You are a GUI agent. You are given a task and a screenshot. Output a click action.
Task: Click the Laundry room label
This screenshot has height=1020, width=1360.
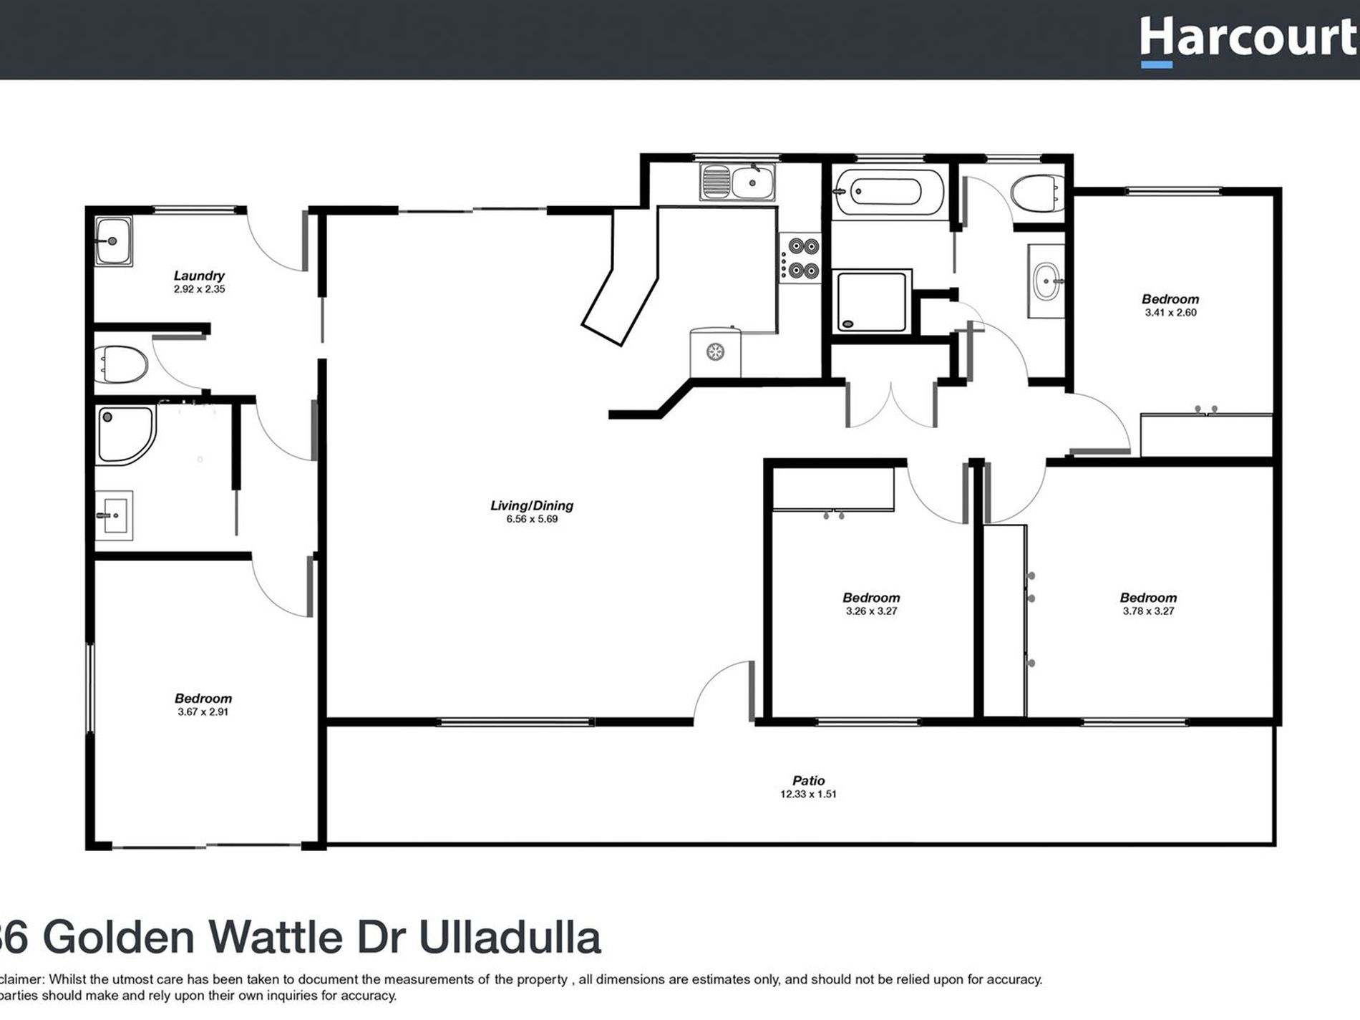pos(199,276)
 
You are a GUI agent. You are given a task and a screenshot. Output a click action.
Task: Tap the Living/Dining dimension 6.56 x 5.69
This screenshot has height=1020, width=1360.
pos(532,519)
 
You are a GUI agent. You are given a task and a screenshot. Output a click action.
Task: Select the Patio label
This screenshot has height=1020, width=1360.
pos(808,781)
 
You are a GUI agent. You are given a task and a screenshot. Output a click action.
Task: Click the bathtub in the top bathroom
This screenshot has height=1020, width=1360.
pos(888,192)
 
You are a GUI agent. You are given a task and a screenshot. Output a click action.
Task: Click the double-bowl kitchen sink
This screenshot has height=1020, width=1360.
pos(737,182)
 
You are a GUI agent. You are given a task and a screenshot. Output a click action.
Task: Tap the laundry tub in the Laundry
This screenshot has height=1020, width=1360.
pos(113,242)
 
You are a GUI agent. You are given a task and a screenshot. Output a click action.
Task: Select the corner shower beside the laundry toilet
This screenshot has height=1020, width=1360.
pos(125,434)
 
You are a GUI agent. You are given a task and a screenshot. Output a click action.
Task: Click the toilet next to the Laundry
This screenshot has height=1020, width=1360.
pos(123,364)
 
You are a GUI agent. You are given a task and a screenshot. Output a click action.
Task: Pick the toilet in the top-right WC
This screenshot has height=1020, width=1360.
pos(1036,193)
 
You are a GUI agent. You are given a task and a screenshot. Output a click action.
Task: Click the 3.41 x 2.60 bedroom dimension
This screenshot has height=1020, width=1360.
pos(1170,313)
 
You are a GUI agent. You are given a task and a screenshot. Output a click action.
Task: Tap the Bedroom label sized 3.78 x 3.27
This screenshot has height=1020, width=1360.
pos(1148,598)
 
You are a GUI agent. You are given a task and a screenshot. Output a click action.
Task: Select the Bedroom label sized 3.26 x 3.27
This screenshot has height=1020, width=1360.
pos(871,598)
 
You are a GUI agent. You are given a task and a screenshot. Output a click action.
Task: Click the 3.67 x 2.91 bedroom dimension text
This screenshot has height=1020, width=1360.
pos(203,712)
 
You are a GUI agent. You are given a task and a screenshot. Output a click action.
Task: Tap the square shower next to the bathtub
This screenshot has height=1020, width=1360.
pos(871,301)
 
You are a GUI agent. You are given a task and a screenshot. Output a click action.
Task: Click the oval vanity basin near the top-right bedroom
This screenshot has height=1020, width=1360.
pos(1047,281)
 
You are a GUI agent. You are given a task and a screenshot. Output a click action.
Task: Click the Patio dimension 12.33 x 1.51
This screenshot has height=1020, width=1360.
pos(808,795)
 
